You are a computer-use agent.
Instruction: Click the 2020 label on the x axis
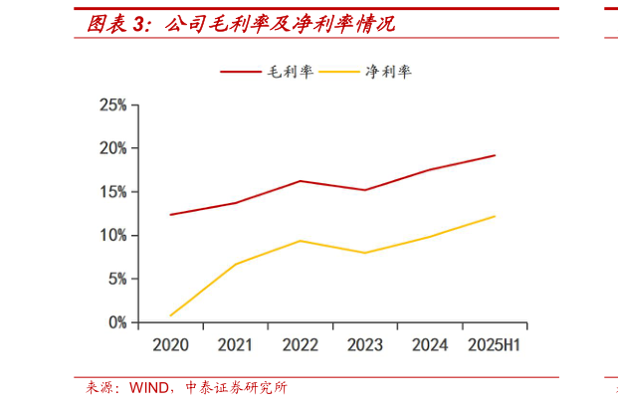(170, 345)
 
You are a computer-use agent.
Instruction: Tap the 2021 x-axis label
(235, 345)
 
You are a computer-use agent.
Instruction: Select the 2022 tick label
(301, 345)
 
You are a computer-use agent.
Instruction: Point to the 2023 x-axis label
(365, 345)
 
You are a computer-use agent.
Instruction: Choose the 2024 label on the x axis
(430, 345)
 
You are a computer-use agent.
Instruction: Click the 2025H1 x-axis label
(495, 345)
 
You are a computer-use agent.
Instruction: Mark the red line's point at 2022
(301, 181)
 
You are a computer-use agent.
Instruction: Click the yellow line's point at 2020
(171, 315)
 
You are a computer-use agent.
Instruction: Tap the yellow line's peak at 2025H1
(495, 216)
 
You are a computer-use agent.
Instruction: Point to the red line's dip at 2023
(365, 190)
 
